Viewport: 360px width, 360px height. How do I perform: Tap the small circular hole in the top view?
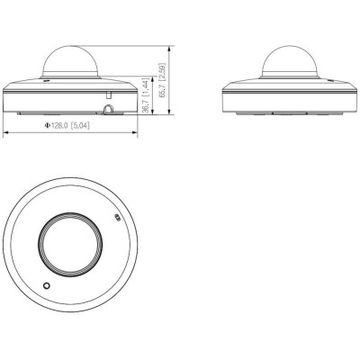[46, 285]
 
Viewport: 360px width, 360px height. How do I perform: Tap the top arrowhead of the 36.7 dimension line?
[145, 77]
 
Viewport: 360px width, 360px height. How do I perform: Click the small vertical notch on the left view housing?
[106, 93]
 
